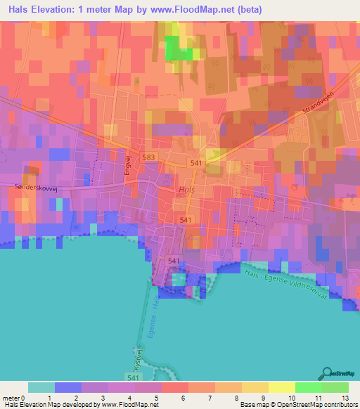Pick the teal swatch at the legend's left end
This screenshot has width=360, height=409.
point(41,387)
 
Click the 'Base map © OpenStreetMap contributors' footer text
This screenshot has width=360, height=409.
point(298,405)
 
